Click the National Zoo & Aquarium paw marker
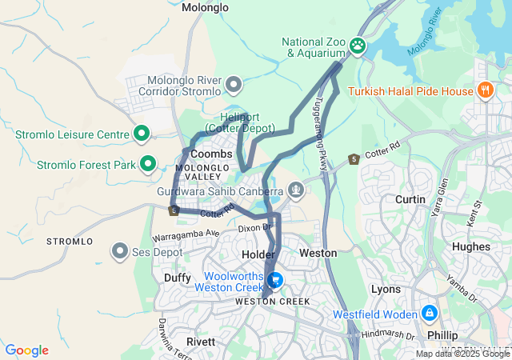357,47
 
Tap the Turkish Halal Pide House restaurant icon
483,91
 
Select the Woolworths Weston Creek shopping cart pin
275,280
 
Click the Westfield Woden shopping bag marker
430,313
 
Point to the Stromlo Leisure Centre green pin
142,134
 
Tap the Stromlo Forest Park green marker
148,165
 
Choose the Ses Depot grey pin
120,252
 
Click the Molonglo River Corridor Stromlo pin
234,83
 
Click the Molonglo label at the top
205,7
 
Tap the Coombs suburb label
212,153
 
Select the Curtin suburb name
410,198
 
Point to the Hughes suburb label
470,247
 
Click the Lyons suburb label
386,288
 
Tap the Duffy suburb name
178,278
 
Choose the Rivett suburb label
200,342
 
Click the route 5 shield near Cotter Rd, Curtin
353,159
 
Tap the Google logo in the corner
26,350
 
